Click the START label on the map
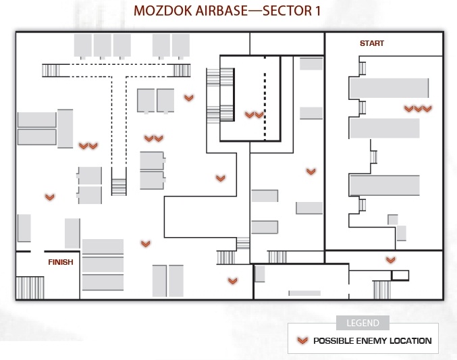pos(372,43)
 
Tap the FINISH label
pos(61,262)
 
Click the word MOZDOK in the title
pos(162,11)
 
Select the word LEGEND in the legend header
pos(363,323)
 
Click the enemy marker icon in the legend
pos(302,340)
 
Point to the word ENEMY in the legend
pos(373,340)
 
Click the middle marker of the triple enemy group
pos(418,109)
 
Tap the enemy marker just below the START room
pos(391,259)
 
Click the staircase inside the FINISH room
pos(30,288)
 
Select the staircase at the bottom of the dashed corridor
pos(119,187)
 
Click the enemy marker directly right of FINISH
pos(145,244)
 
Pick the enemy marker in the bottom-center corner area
pos(233,281)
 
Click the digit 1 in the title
pos(317,11)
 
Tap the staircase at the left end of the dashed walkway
pos(51,71)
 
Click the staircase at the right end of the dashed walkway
pos(182,71)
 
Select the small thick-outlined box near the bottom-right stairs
pos(400,276)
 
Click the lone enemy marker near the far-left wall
pos(50,197)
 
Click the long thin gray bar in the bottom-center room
pos(304,293)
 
